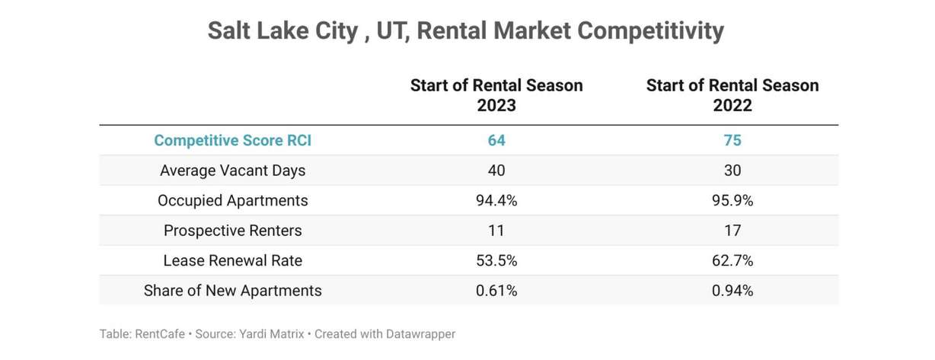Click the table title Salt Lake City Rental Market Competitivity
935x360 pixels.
pos(466,31)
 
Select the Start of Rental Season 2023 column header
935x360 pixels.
pos(496,95)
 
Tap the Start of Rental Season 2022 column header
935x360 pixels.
pos(732,95)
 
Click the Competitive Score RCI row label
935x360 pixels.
pos(232,141)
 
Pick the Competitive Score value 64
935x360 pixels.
pos(496,141)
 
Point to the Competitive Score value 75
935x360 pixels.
pos(732,141)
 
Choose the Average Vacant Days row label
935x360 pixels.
pos(232,170)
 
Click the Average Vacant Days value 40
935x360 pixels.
pos(496,170)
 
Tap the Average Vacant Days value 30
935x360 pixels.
pos(732,170)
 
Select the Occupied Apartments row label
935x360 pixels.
pos(232,201)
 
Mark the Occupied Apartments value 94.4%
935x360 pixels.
pos(496,201)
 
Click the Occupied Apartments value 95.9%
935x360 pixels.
pos(732,201)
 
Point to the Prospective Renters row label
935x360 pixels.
pos(232,231)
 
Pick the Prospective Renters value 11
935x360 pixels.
pos(496,231)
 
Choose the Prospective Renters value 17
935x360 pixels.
pos(732,231)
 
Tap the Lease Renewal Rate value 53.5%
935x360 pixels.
pos(496,261)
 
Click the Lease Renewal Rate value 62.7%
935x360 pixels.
pos(732,261)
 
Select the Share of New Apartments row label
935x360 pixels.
pos(232,291)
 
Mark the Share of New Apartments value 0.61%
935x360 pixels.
pos(496,291)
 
